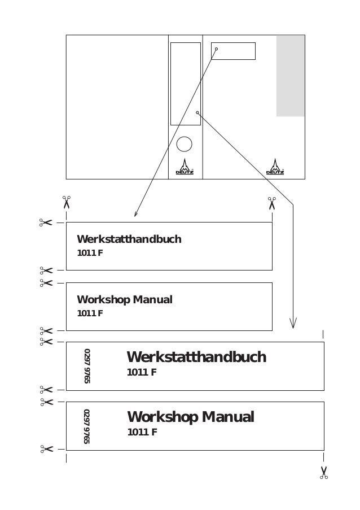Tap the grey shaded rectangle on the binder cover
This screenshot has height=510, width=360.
tap(290, 75)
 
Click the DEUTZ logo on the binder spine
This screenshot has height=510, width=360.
tap(185, 167)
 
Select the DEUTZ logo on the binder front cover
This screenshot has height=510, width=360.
tap(275, 167)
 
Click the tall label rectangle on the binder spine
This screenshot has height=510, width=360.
tap(185, 83)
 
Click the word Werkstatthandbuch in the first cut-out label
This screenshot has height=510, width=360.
tap(129, 239)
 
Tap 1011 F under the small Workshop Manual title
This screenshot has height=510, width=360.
tap(90, 313)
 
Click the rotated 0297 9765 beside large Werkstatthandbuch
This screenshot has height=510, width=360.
tap(87, 366)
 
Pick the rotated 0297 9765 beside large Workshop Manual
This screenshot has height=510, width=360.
tap(87, 426)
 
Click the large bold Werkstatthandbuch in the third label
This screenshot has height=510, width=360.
tap(196, 358)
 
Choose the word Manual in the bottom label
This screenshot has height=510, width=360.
tap(229, 417)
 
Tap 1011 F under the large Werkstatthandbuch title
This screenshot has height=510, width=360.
tap(142, 372)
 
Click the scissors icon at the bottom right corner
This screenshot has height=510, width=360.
tap(324, 473)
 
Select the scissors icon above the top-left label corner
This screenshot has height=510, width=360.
tap(67, 202)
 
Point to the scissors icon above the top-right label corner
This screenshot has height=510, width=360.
tap(272, 202)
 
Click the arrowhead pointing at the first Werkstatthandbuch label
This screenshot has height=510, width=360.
tap(135, 214)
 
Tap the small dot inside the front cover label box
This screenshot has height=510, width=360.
tap(216, 49)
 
